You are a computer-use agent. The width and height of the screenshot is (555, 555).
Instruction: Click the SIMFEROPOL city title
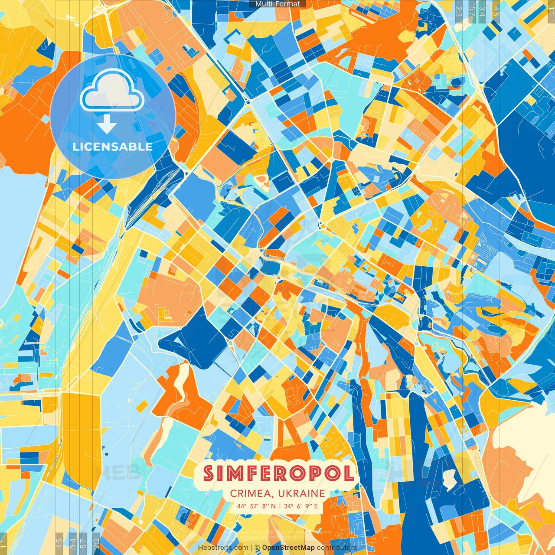[278, 473]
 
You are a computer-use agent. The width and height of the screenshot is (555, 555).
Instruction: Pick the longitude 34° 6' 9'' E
[301, 506]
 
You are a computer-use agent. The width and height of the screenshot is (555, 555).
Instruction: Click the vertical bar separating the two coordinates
[280, 506]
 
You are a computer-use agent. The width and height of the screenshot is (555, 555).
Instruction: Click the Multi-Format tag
[277, 4]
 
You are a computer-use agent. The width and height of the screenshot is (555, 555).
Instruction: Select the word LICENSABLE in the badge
[113, 147]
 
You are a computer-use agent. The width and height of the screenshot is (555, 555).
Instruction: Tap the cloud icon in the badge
[112, 92]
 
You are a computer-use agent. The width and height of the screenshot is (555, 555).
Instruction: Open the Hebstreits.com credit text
[223, 548]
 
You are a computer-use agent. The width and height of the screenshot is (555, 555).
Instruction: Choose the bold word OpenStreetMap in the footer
[288, 548]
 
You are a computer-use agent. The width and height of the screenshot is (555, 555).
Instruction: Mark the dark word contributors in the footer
[337, 548]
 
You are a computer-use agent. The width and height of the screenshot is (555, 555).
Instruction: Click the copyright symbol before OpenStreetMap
[257, 548]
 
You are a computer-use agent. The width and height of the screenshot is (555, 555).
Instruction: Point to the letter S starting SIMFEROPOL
[209, 473]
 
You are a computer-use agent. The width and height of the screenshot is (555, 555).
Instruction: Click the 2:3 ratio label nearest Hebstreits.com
[96, 543]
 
